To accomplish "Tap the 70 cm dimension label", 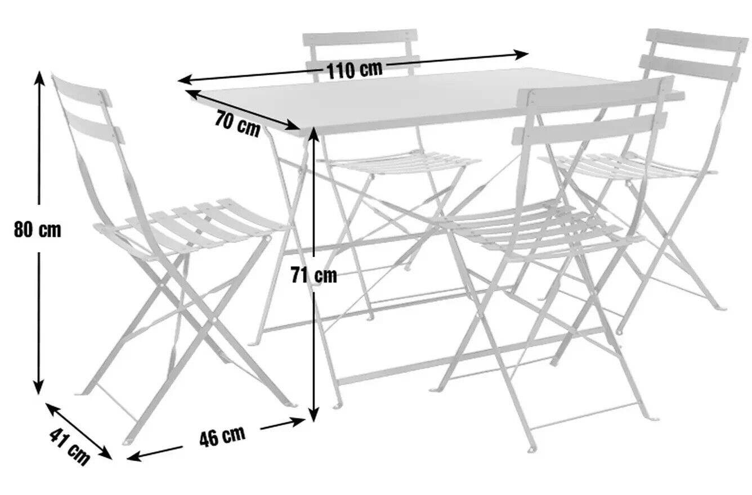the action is pos(238,124).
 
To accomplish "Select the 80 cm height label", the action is pos(38,230).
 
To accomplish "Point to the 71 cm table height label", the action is pos(314,274).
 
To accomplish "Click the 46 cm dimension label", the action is pos(222,436).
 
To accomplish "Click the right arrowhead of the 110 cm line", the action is pos(522,55).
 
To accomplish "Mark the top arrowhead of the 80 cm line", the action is pos(39,78).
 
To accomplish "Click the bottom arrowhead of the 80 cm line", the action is pos(39,388).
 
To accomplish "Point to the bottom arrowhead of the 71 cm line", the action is pos(314,415).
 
